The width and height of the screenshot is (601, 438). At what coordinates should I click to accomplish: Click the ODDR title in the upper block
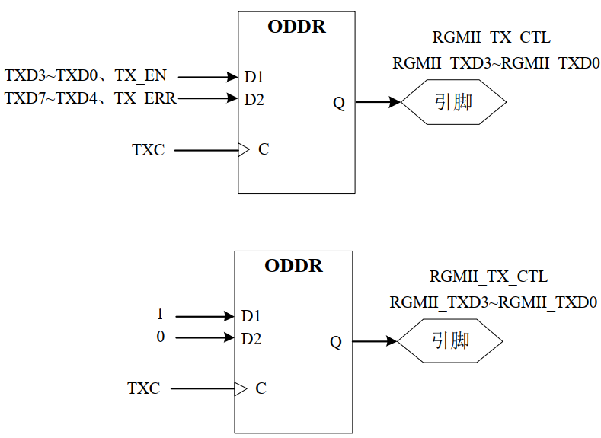click(296, 27)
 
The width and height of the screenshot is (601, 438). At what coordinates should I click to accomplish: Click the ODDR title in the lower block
click(293, 266)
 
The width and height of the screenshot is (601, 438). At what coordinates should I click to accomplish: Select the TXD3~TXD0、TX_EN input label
click(85, 76)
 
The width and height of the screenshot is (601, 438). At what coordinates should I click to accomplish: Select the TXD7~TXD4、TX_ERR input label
click(90, 98)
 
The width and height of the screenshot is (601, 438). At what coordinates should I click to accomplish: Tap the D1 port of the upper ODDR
click(254, 77)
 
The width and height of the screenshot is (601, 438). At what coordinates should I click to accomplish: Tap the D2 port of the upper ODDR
click(254, 99)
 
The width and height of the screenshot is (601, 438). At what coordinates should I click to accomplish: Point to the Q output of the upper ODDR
click(339, 104)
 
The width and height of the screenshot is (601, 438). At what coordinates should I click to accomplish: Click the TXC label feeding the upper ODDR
click(148, 150)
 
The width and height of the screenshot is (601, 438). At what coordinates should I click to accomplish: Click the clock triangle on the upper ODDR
click(244, 150)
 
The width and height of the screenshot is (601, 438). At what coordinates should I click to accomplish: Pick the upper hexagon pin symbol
click(453, 102)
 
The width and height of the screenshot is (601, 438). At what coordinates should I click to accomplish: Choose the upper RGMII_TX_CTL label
click(491, 37)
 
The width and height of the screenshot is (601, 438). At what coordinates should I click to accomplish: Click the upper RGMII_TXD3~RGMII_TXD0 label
click(496, 63)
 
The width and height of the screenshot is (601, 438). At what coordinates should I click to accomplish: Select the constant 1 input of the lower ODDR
click(160, 315)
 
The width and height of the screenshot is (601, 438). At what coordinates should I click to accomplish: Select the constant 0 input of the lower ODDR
click(160, 337)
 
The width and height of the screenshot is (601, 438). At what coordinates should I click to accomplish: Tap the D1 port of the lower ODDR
click(251, 315)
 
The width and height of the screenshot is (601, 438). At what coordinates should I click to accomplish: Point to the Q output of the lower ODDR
click(336, 342)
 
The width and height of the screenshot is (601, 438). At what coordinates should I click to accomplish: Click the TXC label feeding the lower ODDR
click(143, 388)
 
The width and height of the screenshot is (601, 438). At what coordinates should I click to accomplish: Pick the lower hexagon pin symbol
click(450, 340)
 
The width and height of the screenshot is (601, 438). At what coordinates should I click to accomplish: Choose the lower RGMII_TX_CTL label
click(488, 277)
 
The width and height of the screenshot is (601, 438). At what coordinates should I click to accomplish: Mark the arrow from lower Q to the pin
click(375, 341)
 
